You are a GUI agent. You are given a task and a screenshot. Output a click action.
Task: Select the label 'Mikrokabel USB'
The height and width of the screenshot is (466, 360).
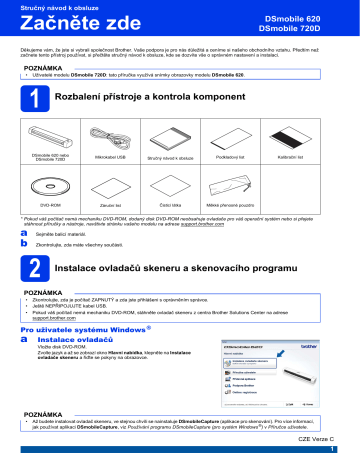pyautogui.click(x=109, y=157)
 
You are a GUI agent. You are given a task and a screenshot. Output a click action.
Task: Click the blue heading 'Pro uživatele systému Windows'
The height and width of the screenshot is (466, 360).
pyautogui.click(x=88, y=327)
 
